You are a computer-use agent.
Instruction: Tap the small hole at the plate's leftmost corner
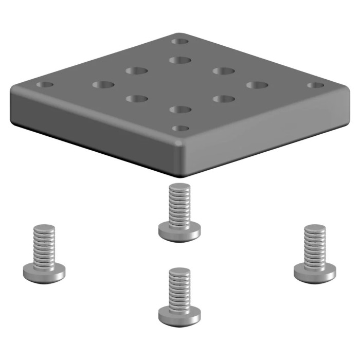(x=45, y=84)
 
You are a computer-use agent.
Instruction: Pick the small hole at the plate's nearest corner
(x=179, y=128)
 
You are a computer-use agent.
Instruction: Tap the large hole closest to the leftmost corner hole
(x=103, y=84)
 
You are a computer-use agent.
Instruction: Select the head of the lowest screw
(x=179, y=314)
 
